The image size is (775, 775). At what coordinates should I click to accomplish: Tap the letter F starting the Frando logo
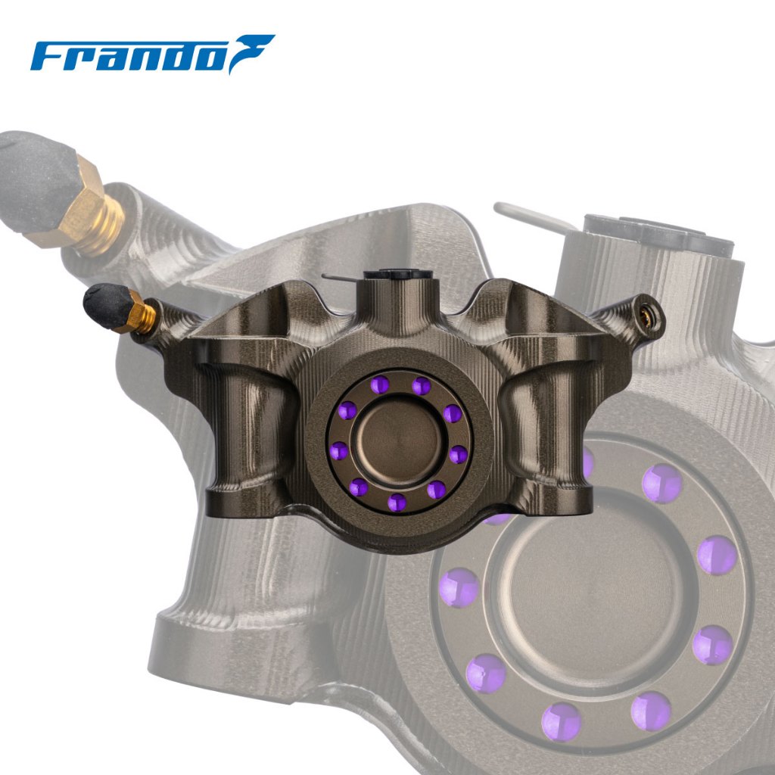[48, 56]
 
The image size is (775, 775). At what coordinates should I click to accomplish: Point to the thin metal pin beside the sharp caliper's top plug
[342, 278]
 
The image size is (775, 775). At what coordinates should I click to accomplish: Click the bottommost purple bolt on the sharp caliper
[397, 503]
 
